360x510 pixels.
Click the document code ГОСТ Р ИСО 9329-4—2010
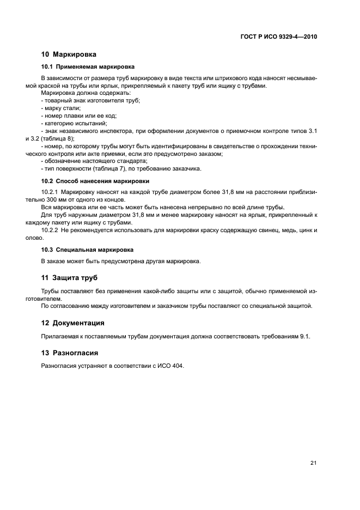[x=278, y=37]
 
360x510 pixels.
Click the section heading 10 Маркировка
[x=69, y=54]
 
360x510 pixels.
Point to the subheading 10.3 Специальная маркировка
[x=80, y=249]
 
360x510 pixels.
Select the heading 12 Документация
[x=73, y=323]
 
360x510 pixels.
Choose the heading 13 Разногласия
[x=70, y=353]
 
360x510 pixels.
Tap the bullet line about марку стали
[x=61, y=108]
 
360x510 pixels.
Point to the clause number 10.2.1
[x=50, y=193]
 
